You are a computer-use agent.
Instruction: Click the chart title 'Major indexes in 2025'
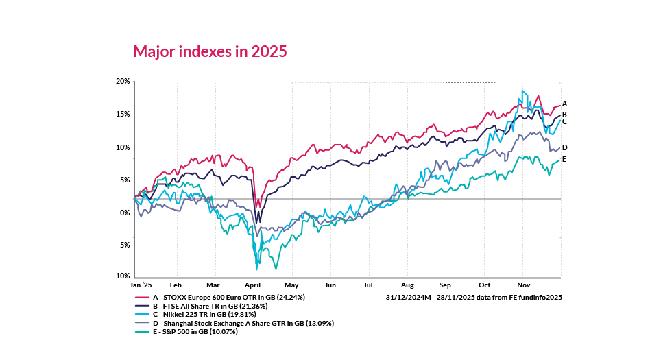coord(210,51)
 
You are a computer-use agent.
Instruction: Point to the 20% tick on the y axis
coord(123,82)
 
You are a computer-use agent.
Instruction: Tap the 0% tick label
coord(125,213)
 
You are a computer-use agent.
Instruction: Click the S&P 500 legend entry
coord(199,331)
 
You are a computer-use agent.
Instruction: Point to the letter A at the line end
coord(564,104)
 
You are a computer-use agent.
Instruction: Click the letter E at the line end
coord(564,159)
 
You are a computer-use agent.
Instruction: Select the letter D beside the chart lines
coord(564,147)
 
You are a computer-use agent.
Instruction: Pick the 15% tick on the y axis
coord(123,114)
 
